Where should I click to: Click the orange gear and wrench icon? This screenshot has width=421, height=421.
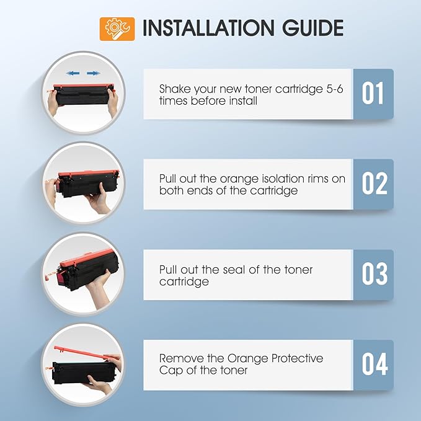tap(117, 29)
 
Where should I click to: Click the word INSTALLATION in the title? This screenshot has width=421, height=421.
tap(208, 28)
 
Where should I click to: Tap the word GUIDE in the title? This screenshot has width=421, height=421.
tap(312, 28)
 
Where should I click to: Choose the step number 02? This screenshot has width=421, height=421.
tap(374, 184)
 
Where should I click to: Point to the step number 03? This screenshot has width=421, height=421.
tap(374, 274)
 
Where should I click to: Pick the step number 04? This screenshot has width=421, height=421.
tap(375, 365)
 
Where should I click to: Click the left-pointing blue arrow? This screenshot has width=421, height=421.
tap(73, 73)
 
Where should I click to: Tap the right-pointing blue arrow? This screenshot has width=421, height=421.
tap(94, 73)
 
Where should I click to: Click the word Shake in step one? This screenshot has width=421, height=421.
tap(175, 89)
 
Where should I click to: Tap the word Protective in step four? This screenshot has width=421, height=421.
tap(297, 358)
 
